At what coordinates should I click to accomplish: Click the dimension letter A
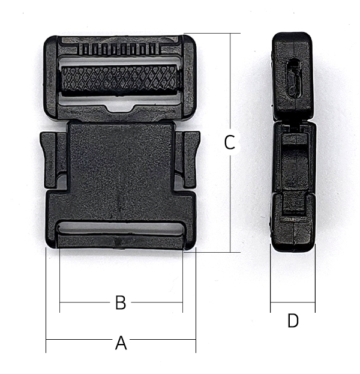point(121,343)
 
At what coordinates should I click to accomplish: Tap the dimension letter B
point(121,303)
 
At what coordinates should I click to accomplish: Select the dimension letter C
point(230,142)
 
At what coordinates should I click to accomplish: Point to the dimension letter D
point(293,321)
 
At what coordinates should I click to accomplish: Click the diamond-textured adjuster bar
point(119,80)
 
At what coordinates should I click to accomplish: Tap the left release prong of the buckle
point(49,159)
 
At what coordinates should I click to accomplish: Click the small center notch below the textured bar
point(121,109)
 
